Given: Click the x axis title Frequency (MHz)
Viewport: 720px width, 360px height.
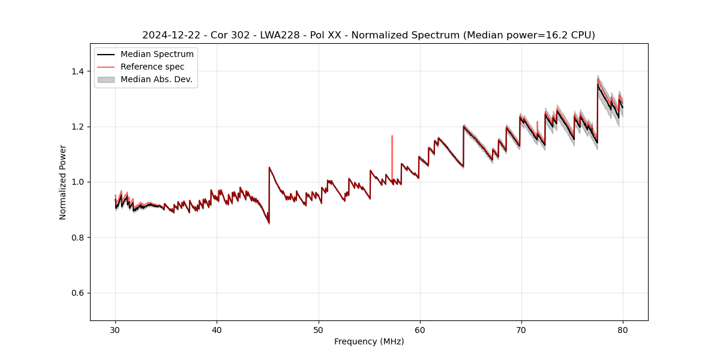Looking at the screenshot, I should [369, 341].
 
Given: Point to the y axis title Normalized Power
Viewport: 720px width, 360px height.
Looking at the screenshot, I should [63, 182].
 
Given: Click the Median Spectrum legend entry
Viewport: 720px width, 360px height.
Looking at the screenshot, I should [157, 55].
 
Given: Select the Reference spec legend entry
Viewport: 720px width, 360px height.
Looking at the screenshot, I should [152, 67].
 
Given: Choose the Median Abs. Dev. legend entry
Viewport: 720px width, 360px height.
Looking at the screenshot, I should [156, 79].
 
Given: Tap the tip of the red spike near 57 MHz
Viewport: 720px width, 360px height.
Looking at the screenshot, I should [392, 136].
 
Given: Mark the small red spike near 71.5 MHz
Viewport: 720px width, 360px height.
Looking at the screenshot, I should [537, 122].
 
